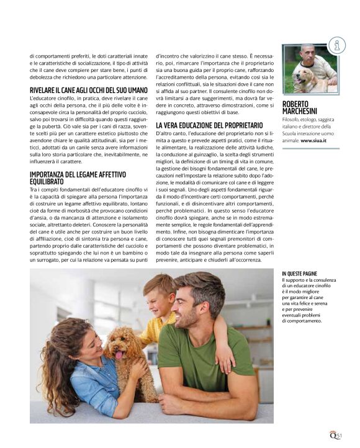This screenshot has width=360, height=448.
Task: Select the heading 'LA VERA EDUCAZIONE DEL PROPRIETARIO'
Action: [x=209, y=125]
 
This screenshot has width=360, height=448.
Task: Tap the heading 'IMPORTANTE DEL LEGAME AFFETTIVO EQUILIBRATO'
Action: [x=78, y=178]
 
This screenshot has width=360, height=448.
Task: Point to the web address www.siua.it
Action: [x=313, y=141]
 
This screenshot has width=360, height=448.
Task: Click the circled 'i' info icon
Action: [x=337, y=45]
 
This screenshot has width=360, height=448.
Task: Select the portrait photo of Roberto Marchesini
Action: [x=310, y=69]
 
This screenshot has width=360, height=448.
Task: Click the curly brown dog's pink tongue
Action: [x=119, y=354]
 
